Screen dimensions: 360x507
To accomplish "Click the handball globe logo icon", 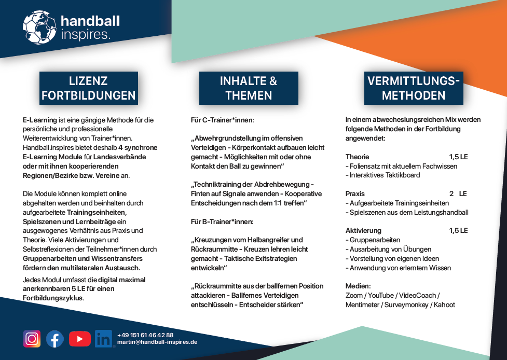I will pos(39,27).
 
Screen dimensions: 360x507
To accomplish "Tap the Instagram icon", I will pos(32,339).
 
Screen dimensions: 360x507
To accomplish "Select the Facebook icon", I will pos(55,339).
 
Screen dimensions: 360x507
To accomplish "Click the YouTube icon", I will pos(79,339).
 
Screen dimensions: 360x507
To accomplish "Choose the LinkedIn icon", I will pos(104,339).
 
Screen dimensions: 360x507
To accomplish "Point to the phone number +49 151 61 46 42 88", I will pos(145,335).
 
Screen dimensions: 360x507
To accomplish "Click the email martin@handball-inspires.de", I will pos(157,342).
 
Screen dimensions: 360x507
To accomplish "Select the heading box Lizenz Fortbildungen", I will pos(89,88).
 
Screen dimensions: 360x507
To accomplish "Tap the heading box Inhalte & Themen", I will pos(249,88).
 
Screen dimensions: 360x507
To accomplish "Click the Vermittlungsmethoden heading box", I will pos(414,88).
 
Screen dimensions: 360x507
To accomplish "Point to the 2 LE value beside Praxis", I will pos(458,193).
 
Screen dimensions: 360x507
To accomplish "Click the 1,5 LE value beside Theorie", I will pos(458,157).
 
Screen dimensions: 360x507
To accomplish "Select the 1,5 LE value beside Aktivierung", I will pos(458,230).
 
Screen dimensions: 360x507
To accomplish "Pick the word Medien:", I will pos(358,286).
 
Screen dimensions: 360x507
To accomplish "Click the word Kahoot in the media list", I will pos(444,304).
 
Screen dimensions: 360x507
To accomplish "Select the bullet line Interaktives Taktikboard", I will pos(385,175).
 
